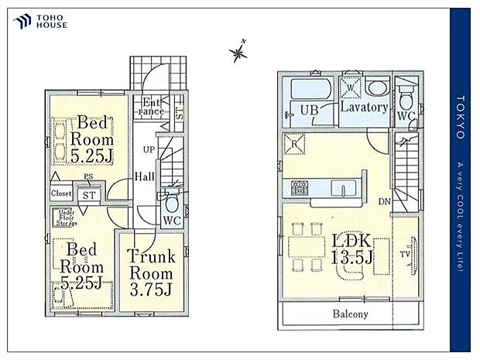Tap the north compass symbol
pos(238,52)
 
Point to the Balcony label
pos(351,314)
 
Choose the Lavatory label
pos(364,108)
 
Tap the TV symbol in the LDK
pos(406,252)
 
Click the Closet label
pos(62,193)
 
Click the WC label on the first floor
pos(172,219)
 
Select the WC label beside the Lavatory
pos(406,116)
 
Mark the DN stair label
pos(384,202)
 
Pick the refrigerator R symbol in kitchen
pos(296,143)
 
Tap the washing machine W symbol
pos(351,88)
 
